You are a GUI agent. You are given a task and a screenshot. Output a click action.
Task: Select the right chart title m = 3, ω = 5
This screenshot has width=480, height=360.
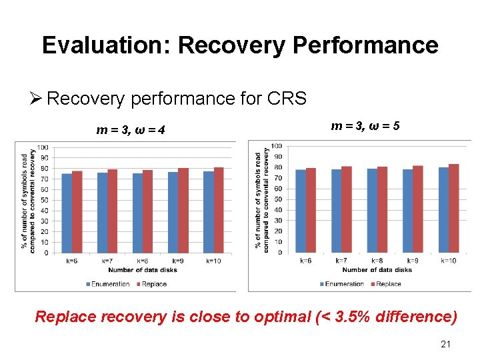tap(365, 125)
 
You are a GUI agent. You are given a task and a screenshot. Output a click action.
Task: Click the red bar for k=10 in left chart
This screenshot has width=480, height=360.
tap(219, 210)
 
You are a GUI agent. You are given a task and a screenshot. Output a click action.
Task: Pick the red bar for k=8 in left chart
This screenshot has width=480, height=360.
tap(147, 211)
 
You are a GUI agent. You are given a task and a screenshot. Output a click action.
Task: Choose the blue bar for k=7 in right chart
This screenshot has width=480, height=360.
tap(336, 211)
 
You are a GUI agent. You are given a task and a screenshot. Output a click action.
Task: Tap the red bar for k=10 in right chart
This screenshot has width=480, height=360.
tap(454, 208)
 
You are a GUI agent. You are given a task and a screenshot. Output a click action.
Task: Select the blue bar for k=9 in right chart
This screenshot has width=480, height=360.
tap(407, 211)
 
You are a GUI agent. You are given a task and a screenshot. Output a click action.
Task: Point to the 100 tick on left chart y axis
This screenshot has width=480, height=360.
tap(43, 147)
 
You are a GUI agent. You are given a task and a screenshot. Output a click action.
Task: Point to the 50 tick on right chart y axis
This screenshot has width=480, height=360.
tap(277, 199)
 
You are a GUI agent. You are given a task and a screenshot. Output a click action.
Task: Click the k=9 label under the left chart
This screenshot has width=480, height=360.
tap(178, 261)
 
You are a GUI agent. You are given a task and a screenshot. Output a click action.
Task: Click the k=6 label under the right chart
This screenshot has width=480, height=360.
tap(305, 261)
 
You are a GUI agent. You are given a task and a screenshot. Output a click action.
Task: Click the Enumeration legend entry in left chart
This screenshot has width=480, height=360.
tap(108, 284)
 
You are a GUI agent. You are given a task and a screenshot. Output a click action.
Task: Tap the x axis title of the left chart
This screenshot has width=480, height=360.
tap(142, 269)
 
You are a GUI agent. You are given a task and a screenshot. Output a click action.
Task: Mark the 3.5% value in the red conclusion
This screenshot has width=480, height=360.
tap(358, 317)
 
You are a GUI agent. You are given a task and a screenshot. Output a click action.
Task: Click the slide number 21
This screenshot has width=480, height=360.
tap(446, 345)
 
